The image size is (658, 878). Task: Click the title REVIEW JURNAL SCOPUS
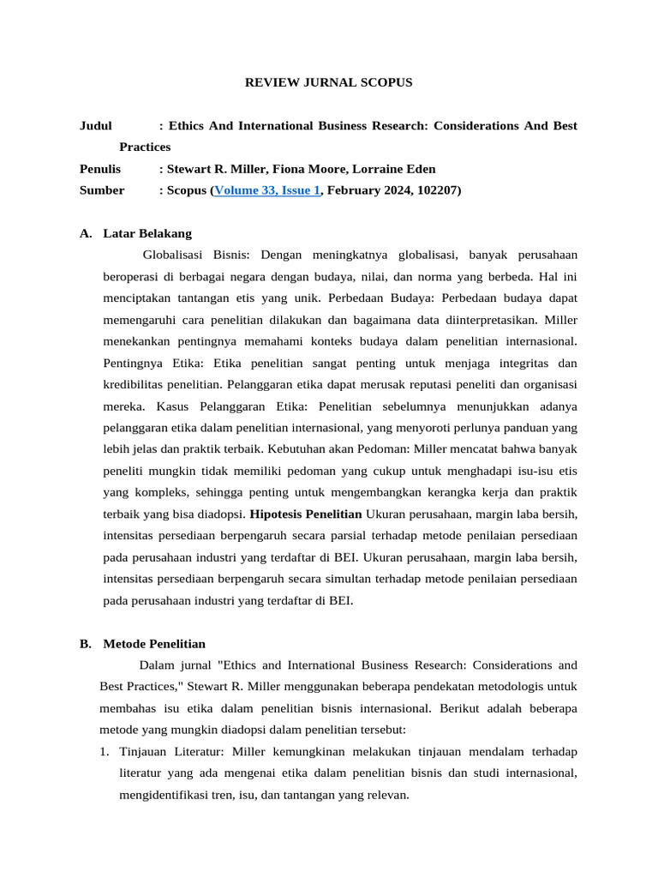[329, 82]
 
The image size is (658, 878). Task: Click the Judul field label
[95, 125]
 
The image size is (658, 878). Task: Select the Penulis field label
[99, 169]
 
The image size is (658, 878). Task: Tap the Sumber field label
[101, 190]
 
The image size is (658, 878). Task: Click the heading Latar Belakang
[147, 233]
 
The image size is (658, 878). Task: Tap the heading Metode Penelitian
[154, 644]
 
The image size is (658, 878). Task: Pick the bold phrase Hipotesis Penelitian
[306, 514]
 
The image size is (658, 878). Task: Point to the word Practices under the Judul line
[145, 147]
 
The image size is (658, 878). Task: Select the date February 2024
[367, 190]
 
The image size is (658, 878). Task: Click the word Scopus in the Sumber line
[186, 190]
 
